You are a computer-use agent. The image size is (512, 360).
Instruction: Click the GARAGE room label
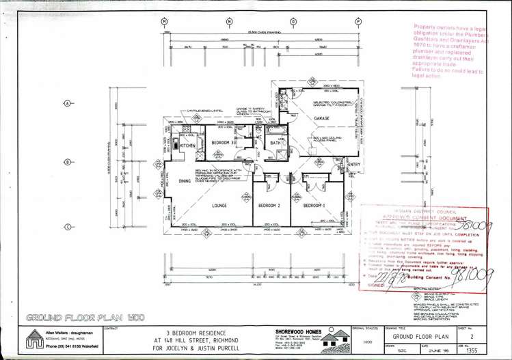(x=321, y=119)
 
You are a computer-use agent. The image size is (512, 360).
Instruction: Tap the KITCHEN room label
(x=188, y=146)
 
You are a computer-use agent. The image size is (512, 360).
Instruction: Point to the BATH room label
(x=275, y=143)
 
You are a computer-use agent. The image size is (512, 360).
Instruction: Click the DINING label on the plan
(x=185, y=181)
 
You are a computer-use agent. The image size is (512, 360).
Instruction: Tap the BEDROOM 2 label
(x=269, y=205)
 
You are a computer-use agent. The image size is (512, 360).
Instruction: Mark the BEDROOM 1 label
(x=314, y=205)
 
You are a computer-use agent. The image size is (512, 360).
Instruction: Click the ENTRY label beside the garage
(x=353, y=165)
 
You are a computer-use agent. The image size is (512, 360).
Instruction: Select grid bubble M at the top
(x=164, y=22)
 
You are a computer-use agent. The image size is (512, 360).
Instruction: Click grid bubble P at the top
(x=358, y=22)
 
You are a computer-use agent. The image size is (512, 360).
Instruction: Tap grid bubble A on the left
(x=67, y=103)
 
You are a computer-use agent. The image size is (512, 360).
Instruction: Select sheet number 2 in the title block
(x=472, y=337)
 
